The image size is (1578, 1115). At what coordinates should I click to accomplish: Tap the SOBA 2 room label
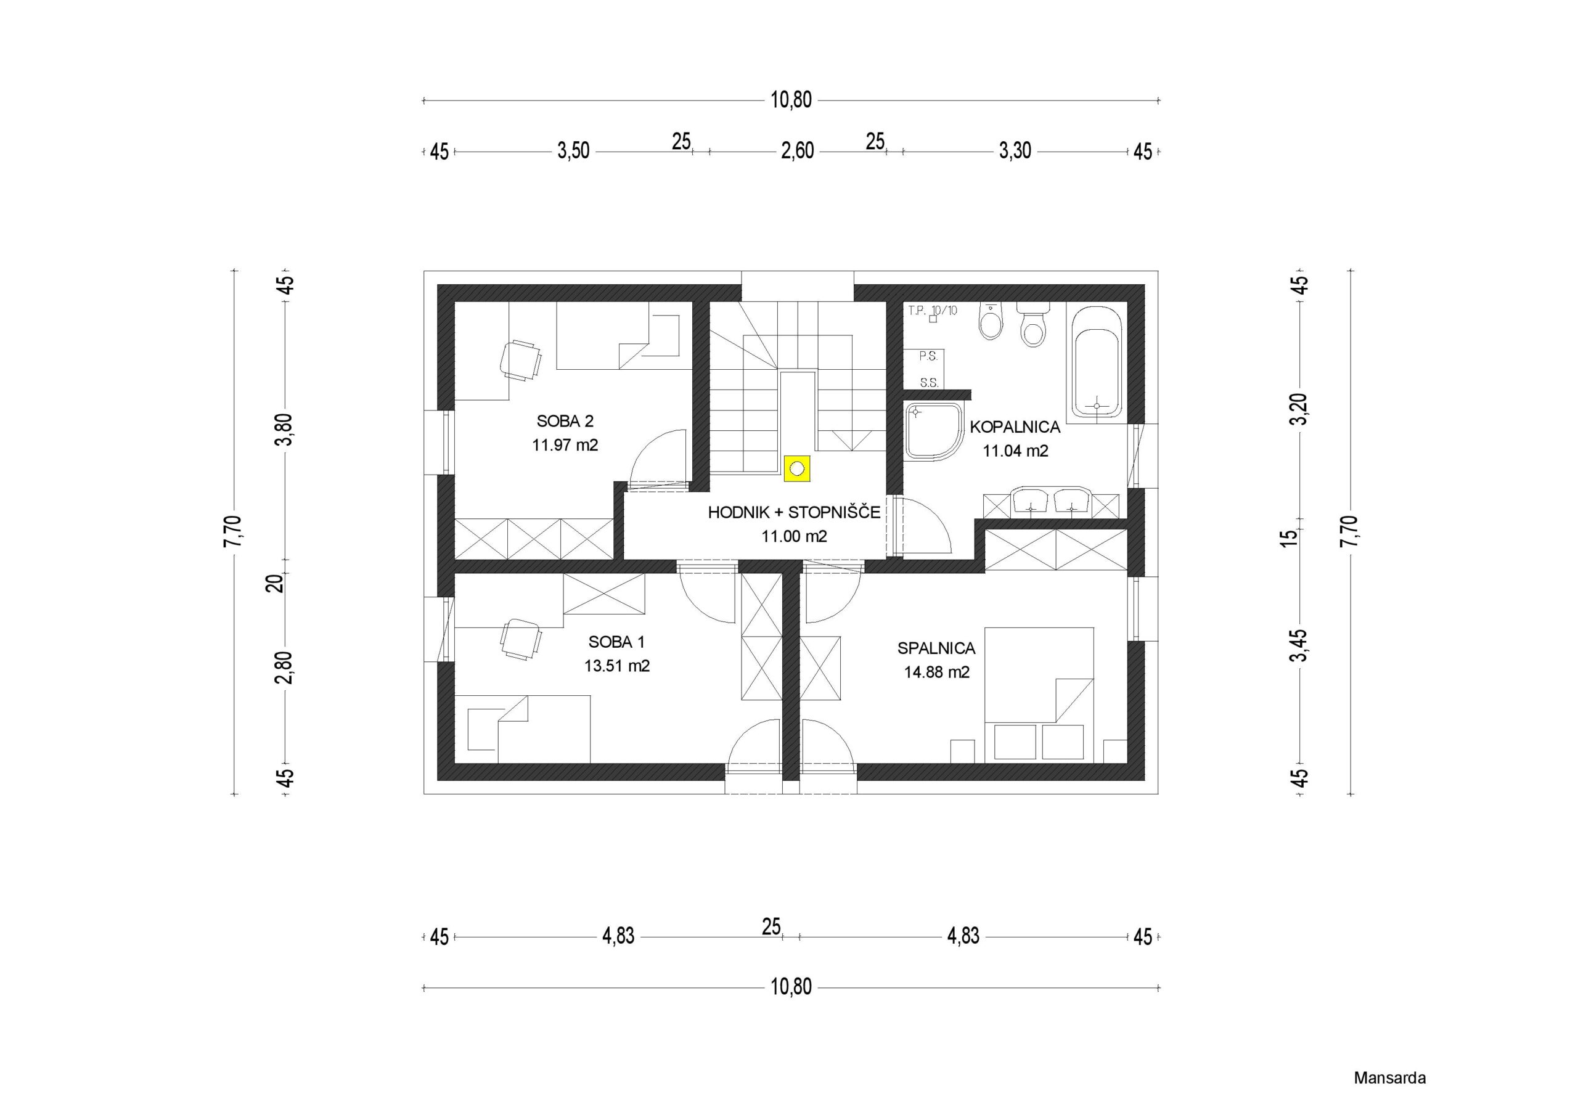pyautogui.click(x=565, y=421)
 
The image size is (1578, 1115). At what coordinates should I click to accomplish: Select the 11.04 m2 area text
pyautogui.click(x=1015, y=451)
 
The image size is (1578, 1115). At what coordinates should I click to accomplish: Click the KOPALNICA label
pyautogui.click(x=1015, y=427)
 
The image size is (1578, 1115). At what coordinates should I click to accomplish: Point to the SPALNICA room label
pyautogui.click(x=936, y=648)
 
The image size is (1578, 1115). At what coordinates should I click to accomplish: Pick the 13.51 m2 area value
pyautogui.click(x=616, y=666)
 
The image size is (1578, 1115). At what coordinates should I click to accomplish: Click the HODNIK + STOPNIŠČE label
pyautogui.click(x=794, y=512)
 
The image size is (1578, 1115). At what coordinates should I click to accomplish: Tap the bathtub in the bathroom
pyautogui.click(x=1096, y=364)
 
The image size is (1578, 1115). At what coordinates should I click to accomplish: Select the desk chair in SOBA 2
pyautogui.click(x=520, y=359)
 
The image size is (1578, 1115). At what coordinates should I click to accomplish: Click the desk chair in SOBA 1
pyautogui.click(x=521, y=639)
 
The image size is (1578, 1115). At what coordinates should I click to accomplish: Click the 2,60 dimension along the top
pyautogui.click(x=797, y=150)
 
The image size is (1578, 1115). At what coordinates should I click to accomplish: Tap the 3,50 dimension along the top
pyautogui.click(x=573, y=150)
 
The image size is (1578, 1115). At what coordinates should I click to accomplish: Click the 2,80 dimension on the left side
pyautogui.click(x=284, y=668)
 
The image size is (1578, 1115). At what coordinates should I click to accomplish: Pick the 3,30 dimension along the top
pyautogui.click(x=1015, y=150)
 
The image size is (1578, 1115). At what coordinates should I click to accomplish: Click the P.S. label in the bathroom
pyautogui.click(x=928, y=357)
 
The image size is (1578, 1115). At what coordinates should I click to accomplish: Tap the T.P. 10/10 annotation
pyautogui.click(x=932, y=310)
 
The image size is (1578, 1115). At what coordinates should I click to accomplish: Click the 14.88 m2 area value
pyautogui.click(x=936, y=672)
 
